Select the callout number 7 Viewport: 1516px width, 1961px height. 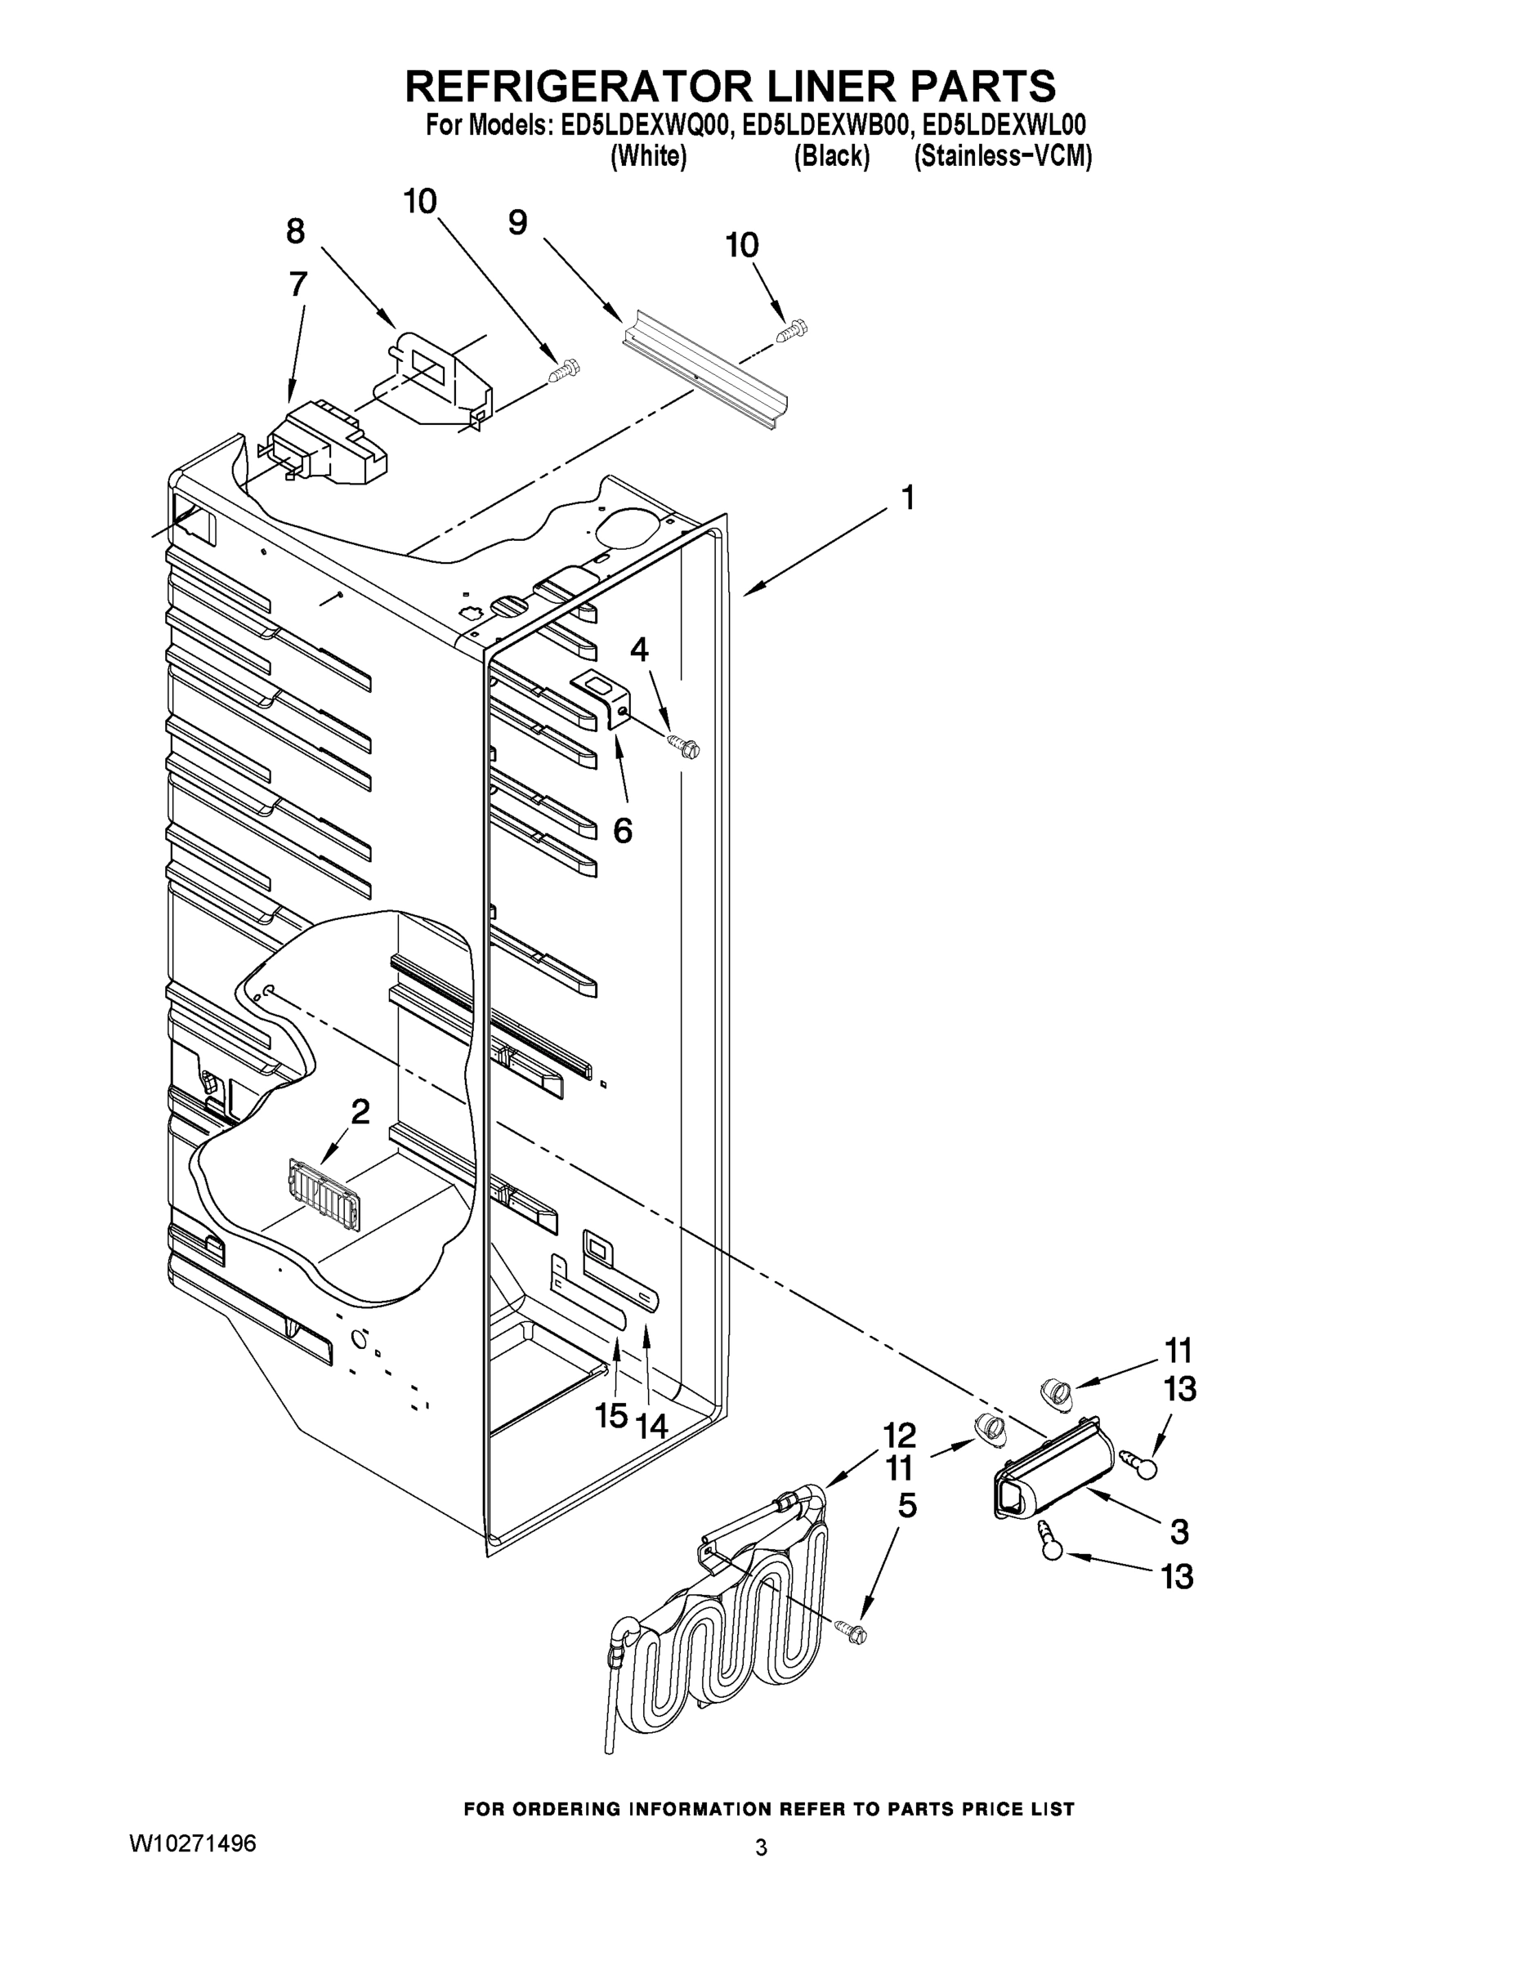point(298,284)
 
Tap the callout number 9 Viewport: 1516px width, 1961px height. point(517,223)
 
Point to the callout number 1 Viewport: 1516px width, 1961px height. point(908,498)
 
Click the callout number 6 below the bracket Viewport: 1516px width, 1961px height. point(623,830)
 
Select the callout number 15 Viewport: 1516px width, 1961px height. point(611,1416)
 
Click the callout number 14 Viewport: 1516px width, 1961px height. point(652,1425)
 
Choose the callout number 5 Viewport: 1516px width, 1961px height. point(908,1506)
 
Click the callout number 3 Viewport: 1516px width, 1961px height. point(1179,1531)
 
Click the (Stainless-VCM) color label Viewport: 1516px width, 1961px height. point(1002,157)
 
